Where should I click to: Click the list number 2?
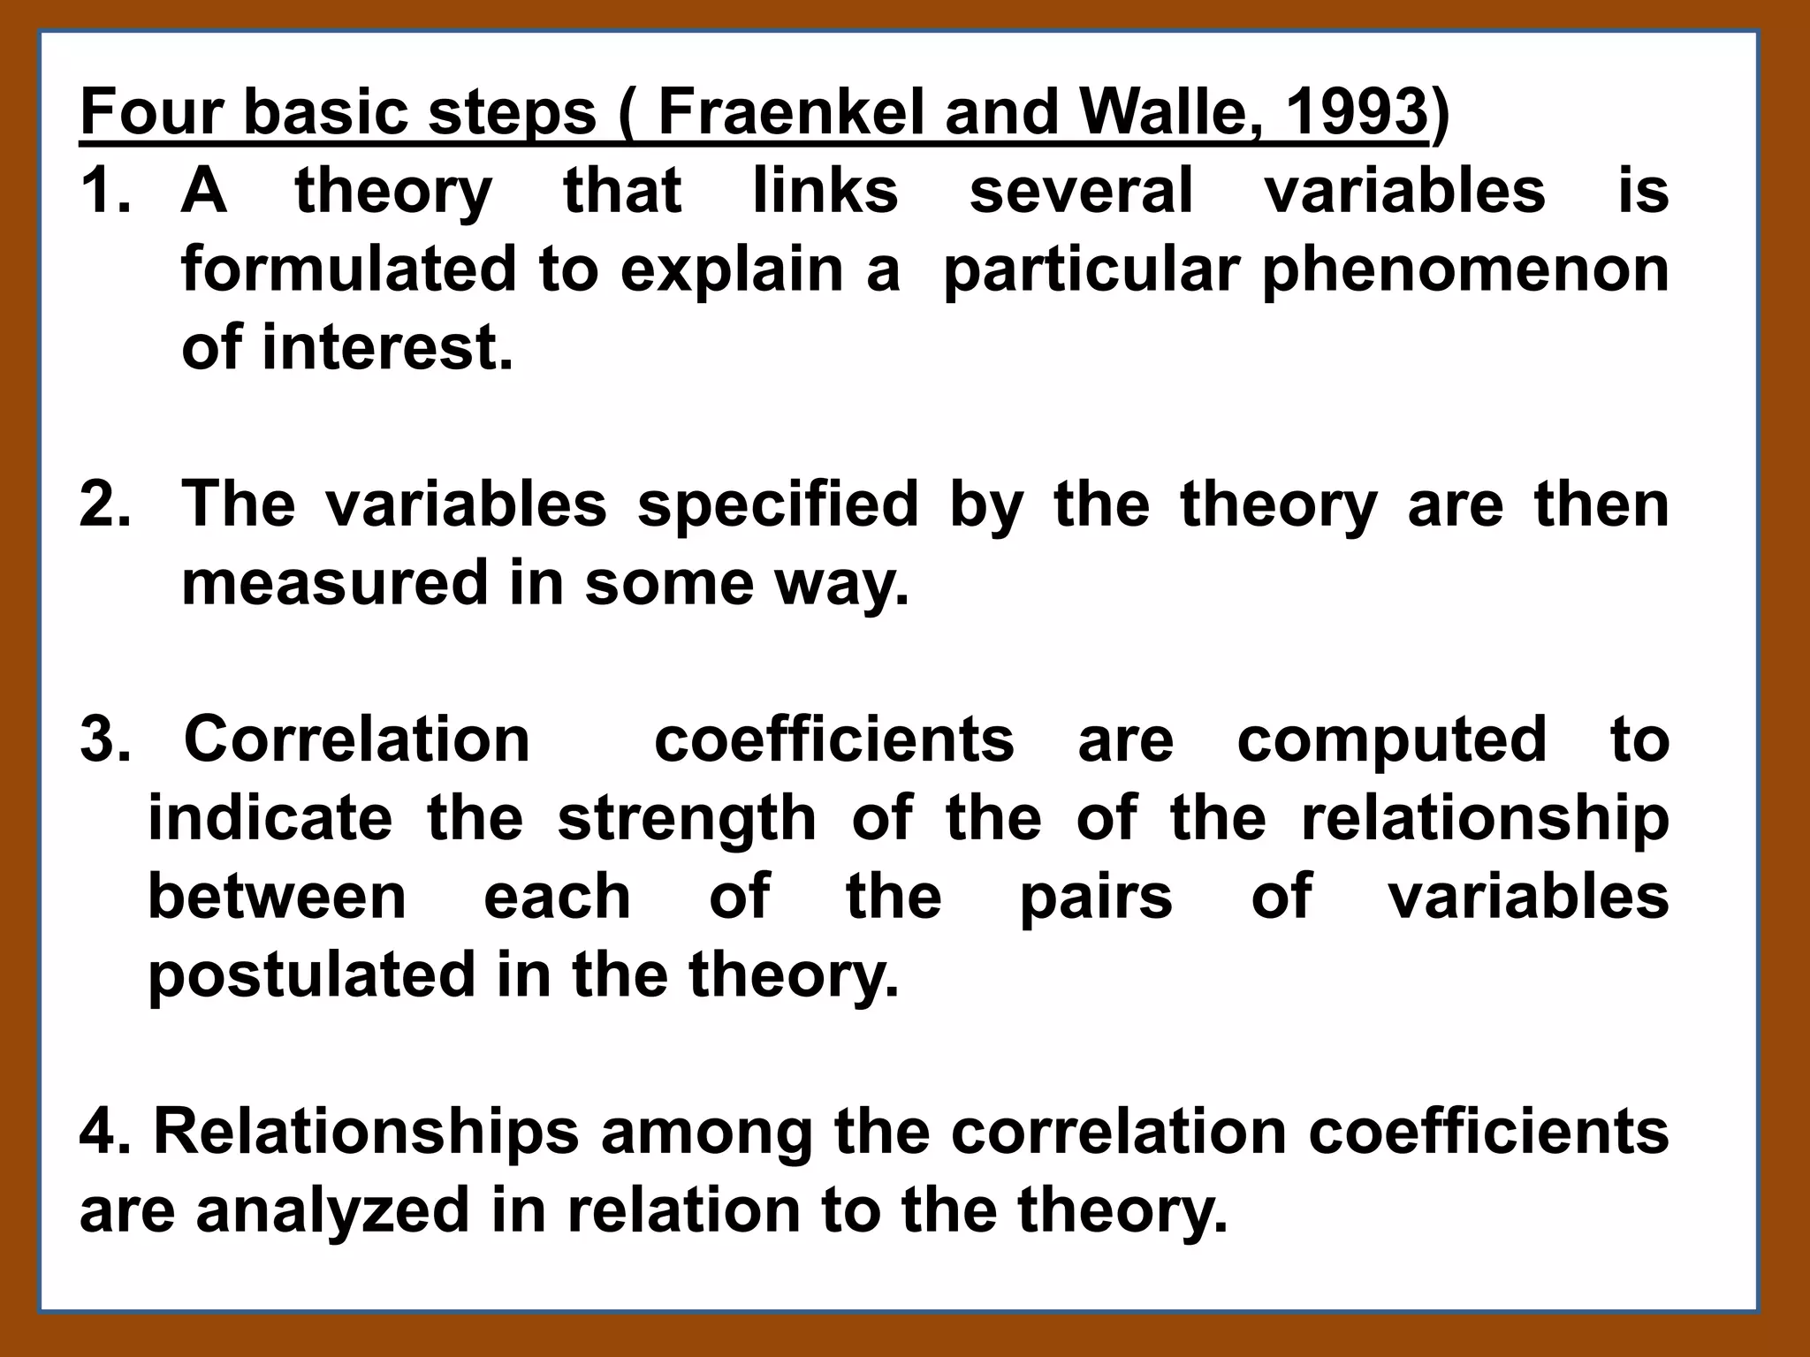[x=104, y=504]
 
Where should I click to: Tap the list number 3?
[x=104, y=739]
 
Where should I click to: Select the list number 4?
[x=104, y=1132]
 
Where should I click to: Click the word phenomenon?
[x=1464, y=270]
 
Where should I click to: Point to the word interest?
[x=387, y=347]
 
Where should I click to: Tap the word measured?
[x=334, y=583]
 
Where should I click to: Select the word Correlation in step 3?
[x=356, y=739]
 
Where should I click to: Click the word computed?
[x=1391, y=741]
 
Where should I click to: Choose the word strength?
[x=687, y=820]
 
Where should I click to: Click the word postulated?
[x=311, y=975]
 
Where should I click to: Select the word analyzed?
[x=332, y=1211]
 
